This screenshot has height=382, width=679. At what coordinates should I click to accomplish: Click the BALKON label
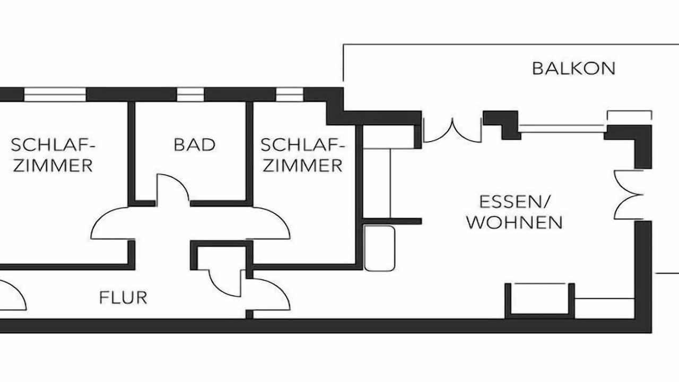[x=573, y=68]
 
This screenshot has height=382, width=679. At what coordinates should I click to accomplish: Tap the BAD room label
[x=195, y=144]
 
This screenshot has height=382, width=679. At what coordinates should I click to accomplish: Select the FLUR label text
[x=123, y=298]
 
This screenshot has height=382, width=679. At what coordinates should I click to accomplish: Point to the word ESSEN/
[x=515, y=202]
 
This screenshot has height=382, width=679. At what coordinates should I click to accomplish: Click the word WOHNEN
[x=514, y=222]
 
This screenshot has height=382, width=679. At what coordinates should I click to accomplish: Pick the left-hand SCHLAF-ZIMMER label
[x=53, y=154]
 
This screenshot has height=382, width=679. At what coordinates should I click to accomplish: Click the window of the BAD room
[x=190, y=94]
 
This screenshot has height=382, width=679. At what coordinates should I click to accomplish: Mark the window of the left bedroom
[x=55, y=94]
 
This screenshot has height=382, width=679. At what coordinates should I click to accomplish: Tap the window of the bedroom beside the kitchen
[x=290, y=94]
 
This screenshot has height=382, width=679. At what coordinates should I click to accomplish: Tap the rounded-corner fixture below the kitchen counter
[x=379, y=248]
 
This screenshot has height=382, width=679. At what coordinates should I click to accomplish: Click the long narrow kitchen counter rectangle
[x=377, y=183]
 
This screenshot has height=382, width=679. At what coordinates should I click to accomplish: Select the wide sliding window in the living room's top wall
[x=562, y=127]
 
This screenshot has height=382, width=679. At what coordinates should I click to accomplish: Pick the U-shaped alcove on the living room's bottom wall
[x=539, y=300]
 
